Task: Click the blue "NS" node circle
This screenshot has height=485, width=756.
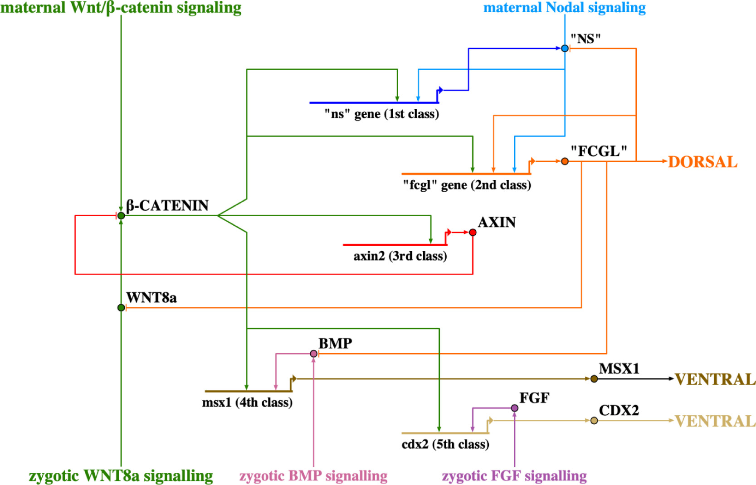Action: [565, 48]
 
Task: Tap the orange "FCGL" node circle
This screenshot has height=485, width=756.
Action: [565, 161]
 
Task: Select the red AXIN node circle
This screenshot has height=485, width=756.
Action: [473, 233]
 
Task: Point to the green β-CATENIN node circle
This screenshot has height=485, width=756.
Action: [121, 216]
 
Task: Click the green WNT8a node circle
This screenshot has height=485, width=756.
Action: [121, 308]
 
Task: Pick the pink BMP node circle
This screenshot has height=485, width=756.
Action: [313, 354]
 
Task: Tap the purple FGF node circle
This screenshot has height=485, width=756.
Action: [514, 408]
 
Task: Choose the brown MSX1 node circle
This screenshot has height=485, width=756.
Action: [594, 378]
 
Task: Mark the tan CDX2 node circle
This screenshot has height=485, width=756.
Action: [594, 421]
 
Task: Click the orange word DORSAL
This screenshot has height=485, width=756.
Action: [702, 162]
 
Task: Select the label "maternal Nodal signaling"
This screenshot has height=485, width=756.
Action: [564, 8]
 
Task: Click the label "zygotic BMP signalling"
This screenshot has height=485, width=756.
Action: [313, 476]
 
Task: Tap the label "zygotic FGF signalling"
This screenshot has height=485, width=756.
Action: [514, 476]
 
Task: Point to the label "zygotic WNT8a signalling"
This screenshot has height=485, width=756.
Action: [121, 476]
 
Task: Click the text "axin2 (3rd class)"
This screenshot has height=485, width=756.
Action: [400, 256]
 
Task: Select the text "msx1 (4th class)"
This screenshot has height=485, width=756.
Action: [247, 403]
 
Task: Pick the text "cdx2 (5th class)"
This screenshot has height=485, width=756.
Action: [445, 444]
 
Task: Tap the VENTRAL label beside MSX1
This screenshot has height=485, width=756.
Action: [715, 379]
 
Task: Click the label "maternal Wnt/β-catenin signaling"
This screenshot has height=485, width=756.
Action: [121, 8]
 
